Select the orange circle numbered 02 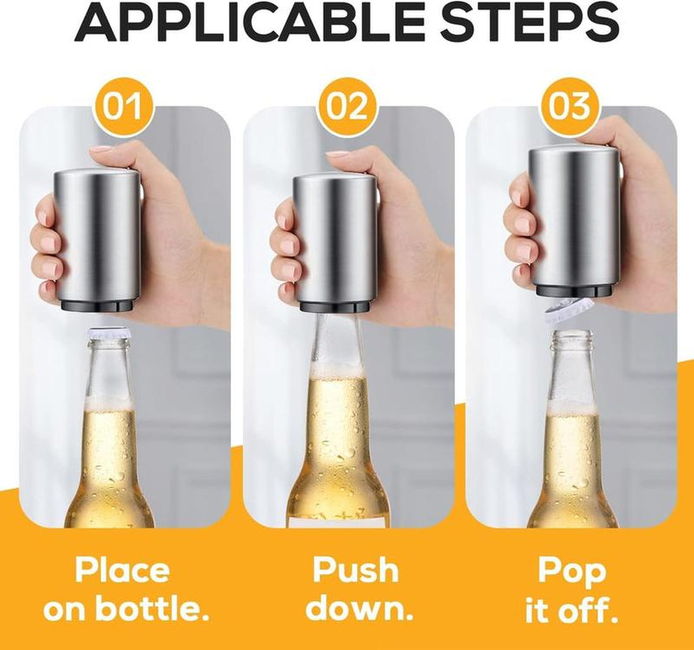coord(347,107)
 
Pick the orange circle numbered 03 coord(571,107)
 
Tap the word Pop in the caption coord(571,570)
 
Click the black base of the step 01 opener coord(100,303)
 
